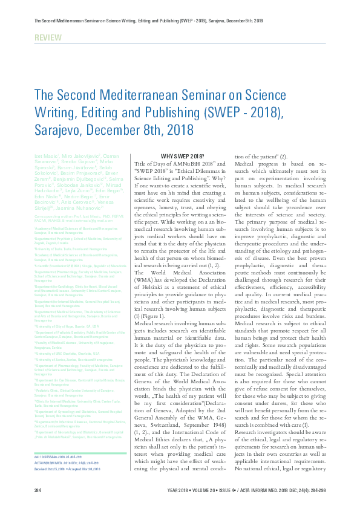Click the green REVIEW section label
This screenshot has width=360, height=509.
48,38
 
